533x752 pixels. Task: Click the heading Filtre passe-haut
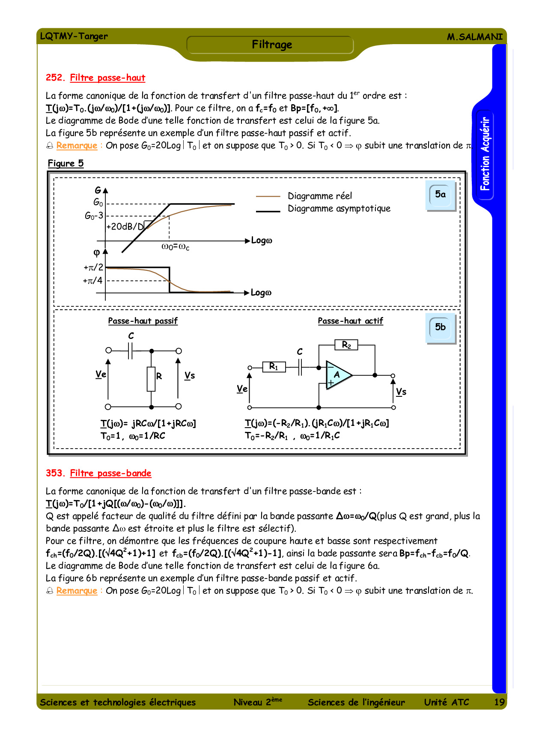[x=107, y=78]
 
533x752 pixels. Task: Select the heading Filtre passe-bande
[x=110, y=473]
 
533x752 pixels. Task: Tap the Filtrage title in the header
[x=272, y=45]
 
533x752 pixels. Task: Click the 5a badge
[x=441, y=195]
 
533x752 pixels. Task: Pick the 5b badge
[x=441, y=327]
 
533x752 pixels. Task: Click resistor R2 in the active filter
[x=346, y=345]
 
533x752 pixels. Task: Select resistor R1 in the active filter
[x=274, y=367]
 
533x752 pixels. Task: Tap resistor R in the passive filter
[x=151, y=379]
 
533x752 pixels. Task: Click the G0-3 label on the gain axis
[x=94, y=216]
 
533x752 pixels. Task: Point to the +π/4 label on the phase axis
[x=92, y=281]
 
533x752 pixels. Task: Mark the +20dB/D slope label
[x=125, y=227]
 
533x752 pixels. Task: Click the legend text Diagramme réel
[x=320, y=196]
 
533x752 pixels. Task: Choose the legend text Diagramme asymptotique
[x=339, y=209]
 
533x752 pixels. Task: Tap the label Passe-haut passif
[x=143, y=321]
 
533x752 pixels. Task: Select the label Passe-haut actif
[x=350, y=321]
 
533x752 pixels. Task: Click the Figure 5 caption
[x=66, y=164]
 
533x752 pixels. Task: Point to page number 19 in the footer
[x=499, y=702]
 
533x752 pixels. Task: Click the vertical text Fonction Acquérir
[x=485, y=154]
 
